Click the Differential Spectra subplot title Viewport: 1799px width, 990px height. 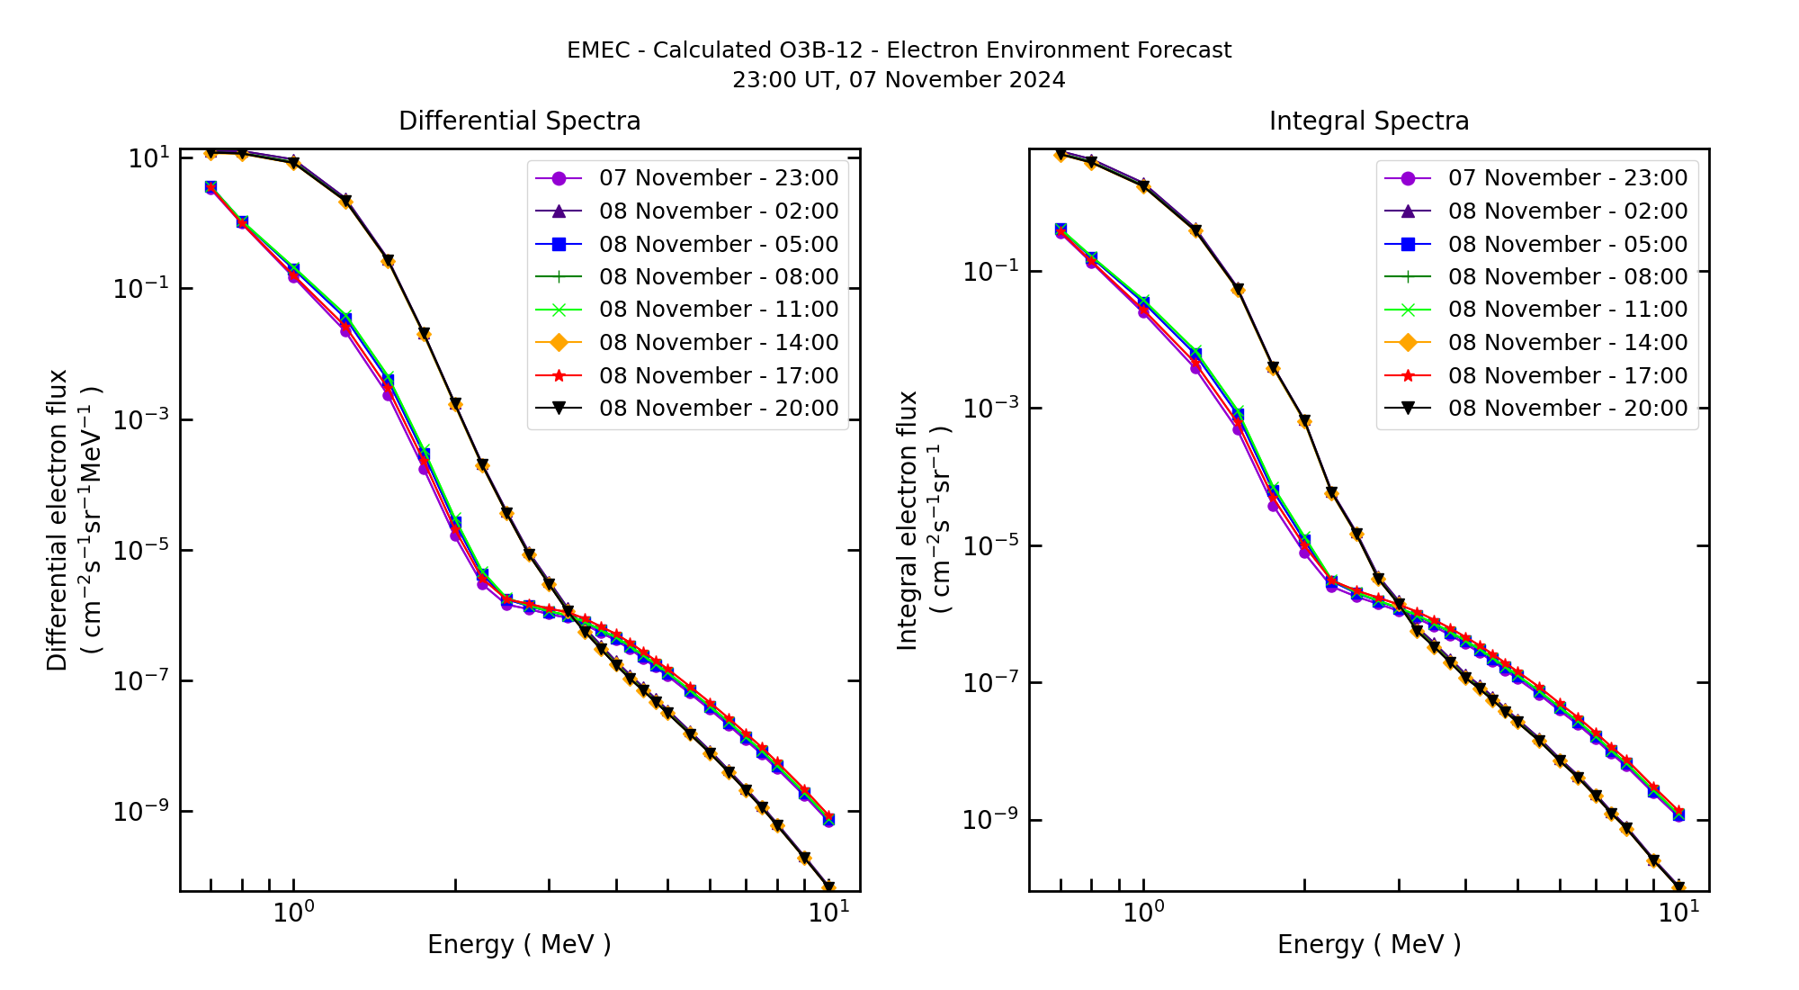point(519,121)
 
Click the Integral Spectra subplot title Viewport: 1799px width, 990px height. point(1368,121)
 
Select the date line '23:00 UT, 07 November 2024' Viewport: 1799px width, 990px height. point(899,80)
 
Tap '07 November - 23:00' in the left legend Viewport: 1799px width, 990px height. point(718,178)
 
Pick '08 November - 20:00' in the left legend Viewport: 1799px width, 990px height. point(718,409)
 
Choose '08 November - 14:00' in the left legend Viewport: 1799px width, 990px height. point(718,343)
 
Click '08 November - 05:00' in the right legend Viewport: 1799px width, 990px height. point(1567,245)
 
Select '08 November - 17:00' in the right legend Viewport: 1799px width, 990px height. point(1567,376)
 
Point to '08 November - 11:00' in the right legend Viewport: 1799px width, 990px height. point(1567,310)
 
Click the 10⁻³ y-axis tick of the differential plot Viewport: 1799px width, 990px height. point(141,419)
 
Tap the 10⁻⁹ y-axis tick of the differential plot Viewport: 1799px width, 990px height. point(141,812)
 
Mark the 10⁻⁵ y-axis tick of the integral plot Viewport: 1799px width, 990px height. point(990,545)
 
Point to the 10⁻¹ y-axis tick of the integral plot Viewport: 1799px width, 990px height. point(990,271)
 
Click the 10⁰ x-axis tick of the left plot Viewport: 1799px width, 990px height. point(293,913)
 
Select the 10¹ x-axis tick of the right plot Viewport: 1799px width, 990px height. point(1678,913)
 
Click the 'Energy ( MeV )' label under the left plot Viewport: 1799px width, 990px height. point(519,945)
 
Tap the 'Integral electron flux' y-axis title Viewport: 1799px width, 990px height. point(908,520)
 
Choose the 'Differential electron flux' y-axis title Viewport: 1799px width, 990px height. point(58,520)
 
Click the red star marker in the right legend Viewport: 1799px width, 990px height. point(1408,376)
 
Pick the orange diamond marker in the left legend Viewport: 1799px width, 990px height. point(559,343)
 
